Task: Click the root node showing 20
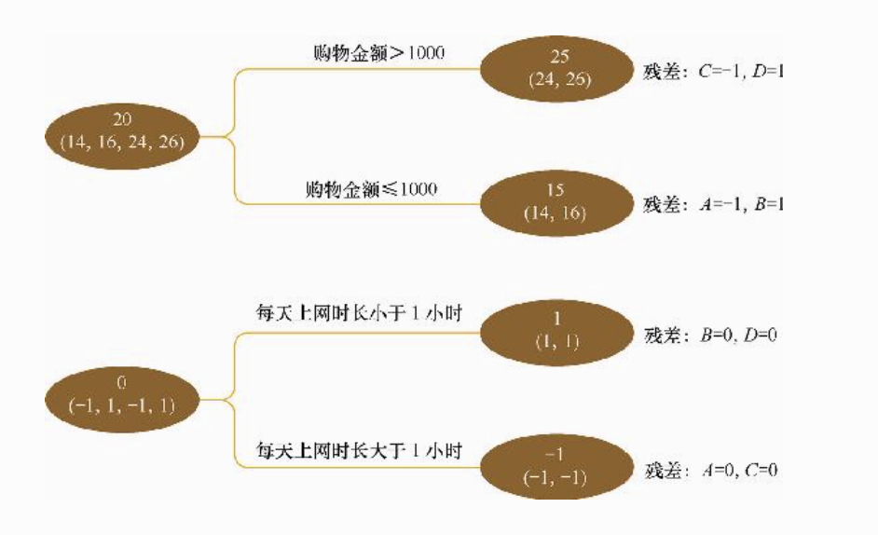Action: click(123, 131)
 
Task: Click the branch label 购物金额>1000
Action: click(378, 53)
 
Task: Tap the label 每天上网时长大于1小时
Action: click(360, 451)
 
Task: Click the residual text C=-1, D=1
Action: click(740, 72)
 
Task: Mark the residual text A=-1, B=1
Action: click(740, 204)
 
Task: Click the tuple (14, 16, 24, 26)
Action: click(123, 143)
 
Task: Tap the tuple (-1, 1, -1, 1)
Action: click(123, 407)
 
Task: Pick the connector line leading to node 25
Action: click(280, 71)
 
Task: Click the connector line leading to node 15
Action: click(280, 203)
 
